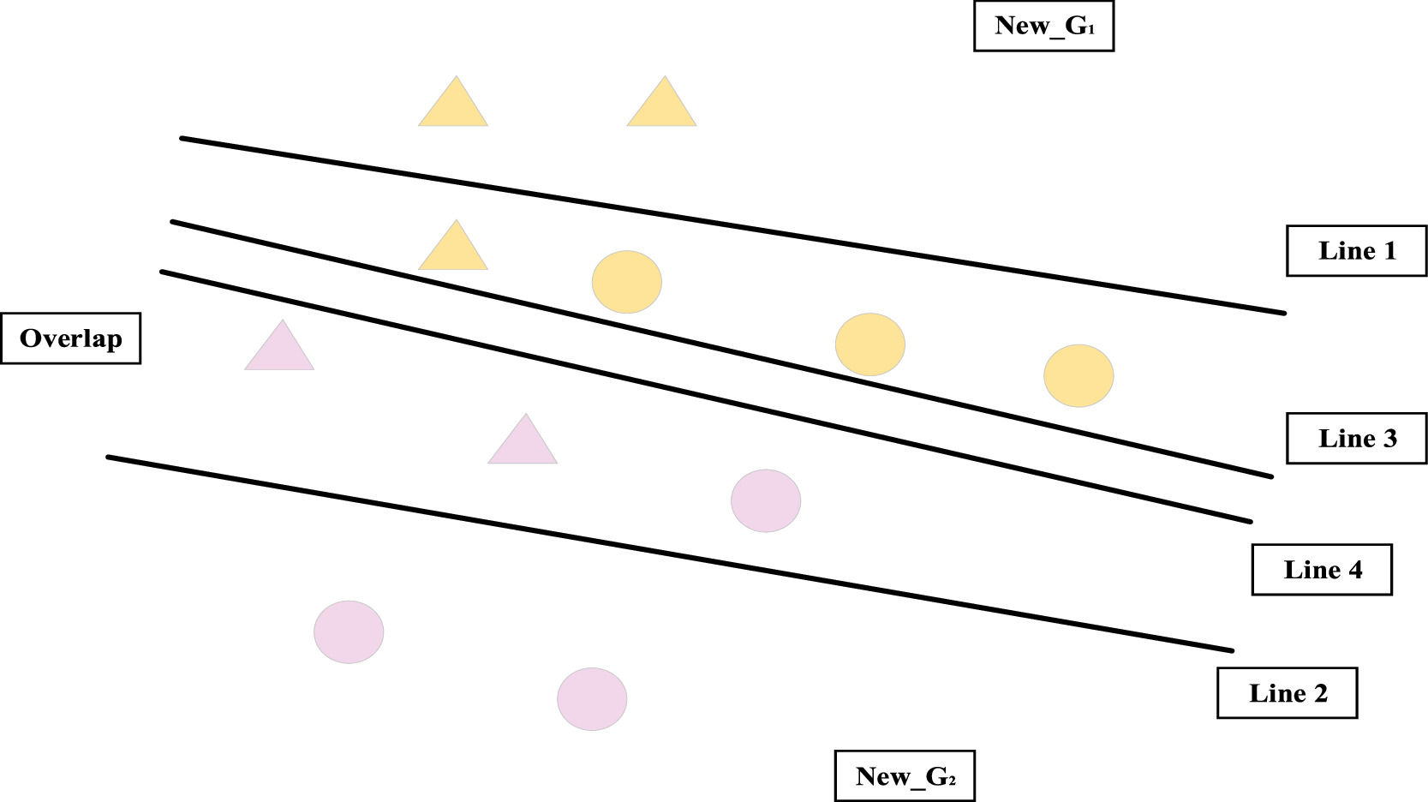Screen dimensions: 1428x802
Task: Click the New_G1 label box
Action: pyautogui.click(x=1043, y=27)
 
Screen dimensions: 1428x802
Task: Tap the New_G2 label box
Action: pyautogui.click(x=905, y=776)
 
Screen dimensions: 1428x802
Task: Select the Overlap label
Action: pyautogui.click(x=71, y=338)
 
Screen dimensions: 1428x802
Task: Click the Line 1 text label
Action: pyautogui.click(x=1356, y=251)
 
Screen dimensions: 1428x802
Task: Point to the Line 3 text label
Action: pyautogui.click(x=1356, y=439)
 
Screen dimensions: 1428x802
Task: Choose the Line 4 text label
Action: pyautogui.click(x=1322, y=570)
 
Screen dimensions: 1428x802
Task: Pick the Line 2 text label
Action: pyautogui.click(x=1287, y=693)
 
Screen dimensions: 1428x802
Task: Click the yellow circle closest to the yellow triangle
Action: pyautogui.click(x=627, y=282)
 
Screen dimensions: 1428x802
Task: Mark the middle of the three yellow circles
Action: pyautogui.click(x=870, y=344)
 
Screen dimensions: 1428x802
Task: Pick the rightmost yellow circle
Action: pyautogui.click(x=1078, y=375)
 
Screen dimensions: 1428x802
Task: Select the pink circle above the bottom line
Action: pyautogui.click(x=766, y=501)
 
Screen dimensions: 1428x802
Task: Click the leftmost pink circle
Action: pyautogui.click(x=349, y=632)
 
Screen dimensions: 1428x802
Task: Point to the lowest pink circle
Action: pyautogui.click(x=592, y=699)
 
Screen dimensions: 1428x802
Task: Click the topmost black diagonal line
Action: pyautogui.click(x=732, y=225)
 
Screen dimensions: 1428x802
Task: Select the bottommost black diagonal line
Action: pyautogui.click(x=668, y=554)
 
